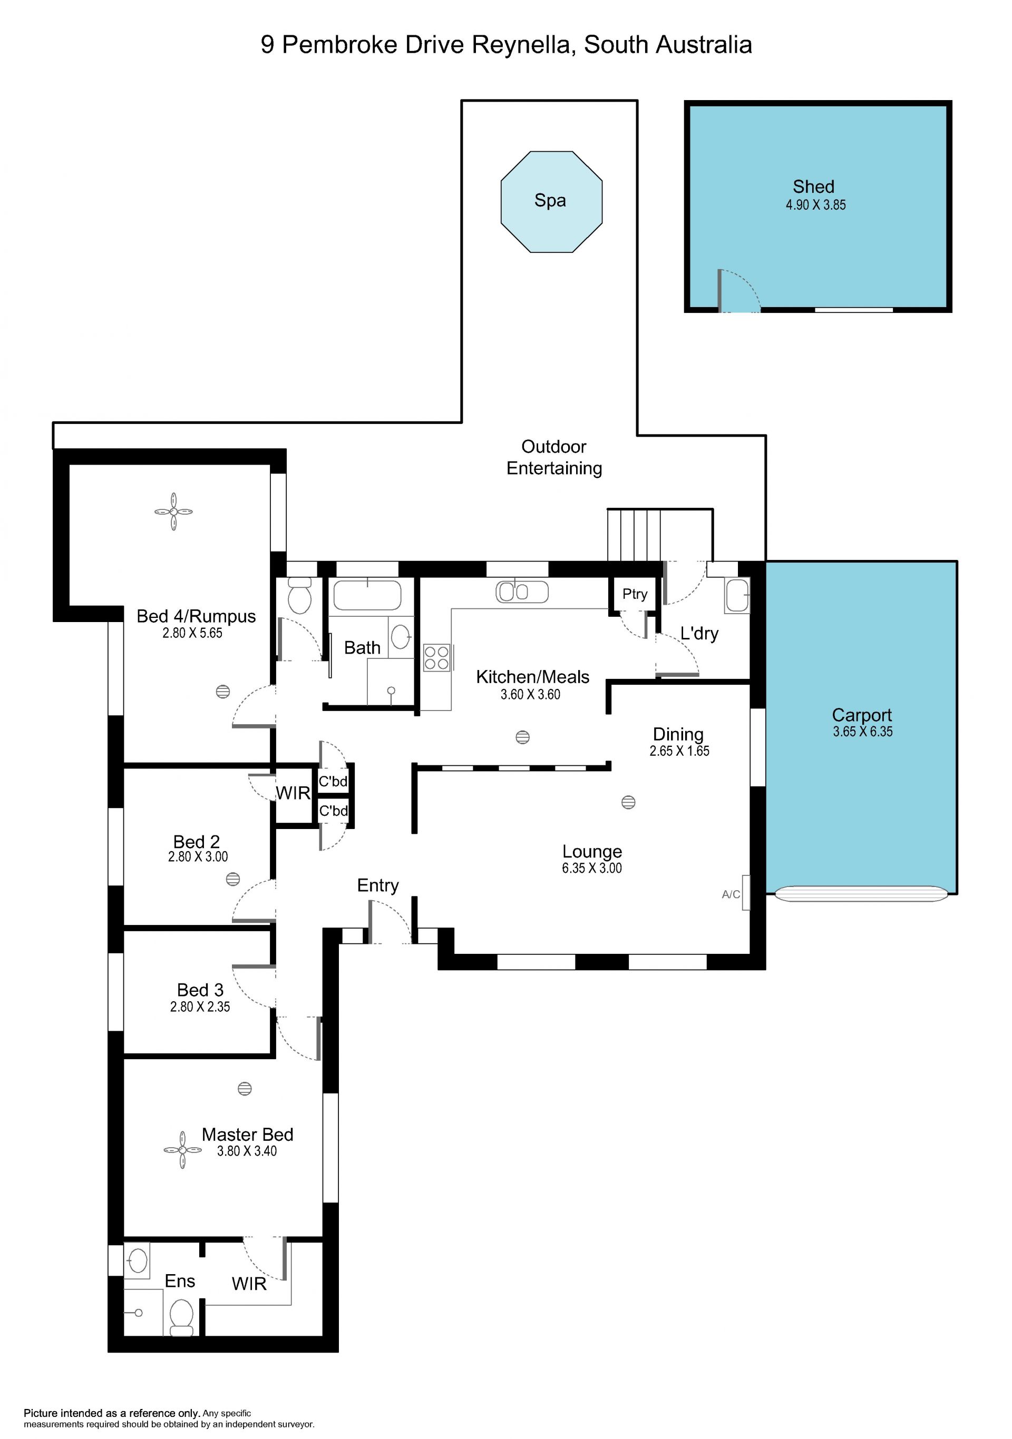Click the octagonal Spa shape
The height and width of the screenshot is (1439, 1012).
pyautogui.click(x=551, y=202)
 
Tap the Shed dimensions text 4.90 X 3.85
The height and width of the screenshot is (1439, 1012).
pyautogui.click(x=816, y=205)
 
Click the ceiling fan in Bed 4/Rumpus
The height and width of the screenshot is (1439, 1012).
pyautogui.click(x=174, y=512)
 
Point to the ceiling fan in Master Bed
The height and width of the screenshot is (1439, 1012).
pyautogui.click(x=182, y=1150)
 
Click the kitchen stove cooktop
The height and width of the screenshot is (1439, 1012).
pyautogui.click(x=437, y=657)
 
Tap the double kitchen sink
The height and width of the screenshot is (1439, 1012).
pyautogui.click(x=522, y=592)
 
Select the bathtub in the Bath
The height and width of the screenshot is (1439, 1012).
pyautogui.click(x=367, y=595)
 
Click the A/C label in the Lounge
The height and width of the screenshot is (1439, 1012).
pyautogui.click(x=731, y=894)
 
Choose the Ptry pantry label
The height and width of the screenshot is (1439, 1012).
pyautogui.click(x=635, y=594)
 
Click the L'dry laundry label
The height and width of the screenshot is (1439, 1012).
pyautogui.click(x=699, y=633)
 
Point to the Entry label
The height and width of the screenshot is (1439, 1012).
pyautogui.click(x=377, y=885)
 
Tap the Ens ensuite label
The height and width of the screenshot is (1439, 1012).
pyautogui.click(x=180, y=1281)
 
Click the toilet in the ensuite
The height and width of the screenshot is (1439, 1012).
pyautogui.click(x=182, y=1316)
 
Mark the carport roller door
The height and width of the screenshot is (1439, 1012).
pyautogui.click(x=861, y=894)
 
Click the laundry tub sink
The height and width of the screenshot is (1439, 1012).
pyautogui.click(x=737, y=595)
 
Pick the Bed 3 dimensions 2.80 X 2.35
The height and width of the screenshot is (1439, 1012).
pyautogui.click(x=200, y=1007)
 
